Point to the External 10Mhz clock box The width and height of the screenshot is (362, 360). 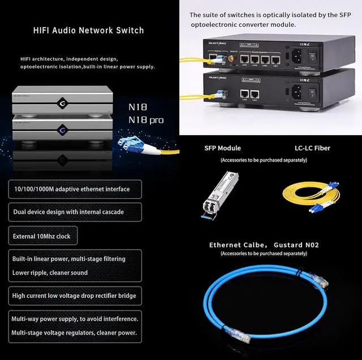click(x=42, y=236)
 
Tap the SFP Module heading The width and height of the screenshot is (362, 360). click(x=222, y=148)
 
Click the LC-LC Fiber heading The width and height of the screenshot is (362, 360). click(x=312, y=148)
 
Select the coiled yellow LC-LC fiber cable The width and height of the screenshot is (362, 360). click(x=311, y=195)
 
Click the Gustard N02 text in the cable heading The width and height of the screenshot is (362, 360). click(x=297, y=245)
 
